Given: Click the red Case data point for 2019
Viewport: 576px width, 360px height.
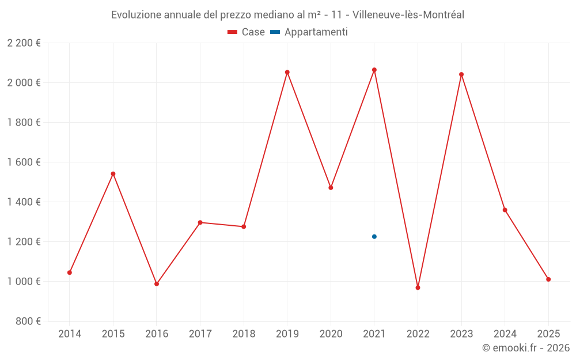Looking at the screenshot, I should pos(287,73).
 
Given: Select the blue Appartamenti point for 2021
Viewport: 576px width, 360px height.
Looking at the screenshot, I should pos(374,237).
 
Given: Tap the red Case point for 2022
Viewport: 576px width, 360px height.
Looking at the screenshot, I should pos(418,287).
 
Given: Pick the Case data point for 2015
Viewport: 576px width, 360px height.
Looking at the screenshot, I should pos(113,174).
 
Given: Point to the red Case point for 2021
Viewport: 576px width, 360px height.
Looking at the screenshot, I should pos(374,70).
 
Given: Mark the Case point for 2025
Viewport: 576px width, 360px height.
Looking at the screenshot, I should pos(548,279).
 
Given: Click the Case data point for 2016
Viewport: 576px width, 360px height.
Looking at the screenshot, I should pos(157,284).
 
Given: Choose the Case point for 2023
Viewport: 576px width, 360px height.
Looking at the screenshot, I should pos(461,74).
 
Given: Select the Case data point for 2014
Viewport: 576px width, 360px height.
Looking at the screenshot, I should pos(70,272).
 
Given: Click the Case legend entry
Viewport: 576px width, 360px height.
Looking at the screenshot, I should pos(247,32).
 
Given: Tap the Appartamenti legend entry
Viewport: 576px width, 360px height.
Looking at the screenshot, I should pos(309,32).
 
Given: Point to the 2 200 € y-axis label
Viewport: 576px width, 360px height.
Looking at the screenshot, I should pos(24,43).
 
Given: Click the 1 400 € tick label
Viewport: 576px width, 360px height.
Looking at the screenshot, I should pos(24,202).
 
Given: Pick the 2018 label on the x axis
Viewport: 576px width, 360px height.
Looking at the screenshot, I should pos(244,334).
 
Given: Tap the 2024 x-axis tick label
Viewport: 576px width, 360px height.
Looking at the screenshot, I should pos(505,334).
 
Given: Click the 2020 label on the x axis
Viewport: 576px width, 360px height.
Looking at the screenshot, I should pos(331,334).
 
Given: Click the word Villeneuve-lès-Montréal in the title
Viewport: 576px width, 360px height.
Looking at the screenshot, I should pos(410,15).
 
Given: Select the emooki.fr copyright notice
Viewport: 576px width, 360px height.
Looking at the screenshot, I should pos(526,348).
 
